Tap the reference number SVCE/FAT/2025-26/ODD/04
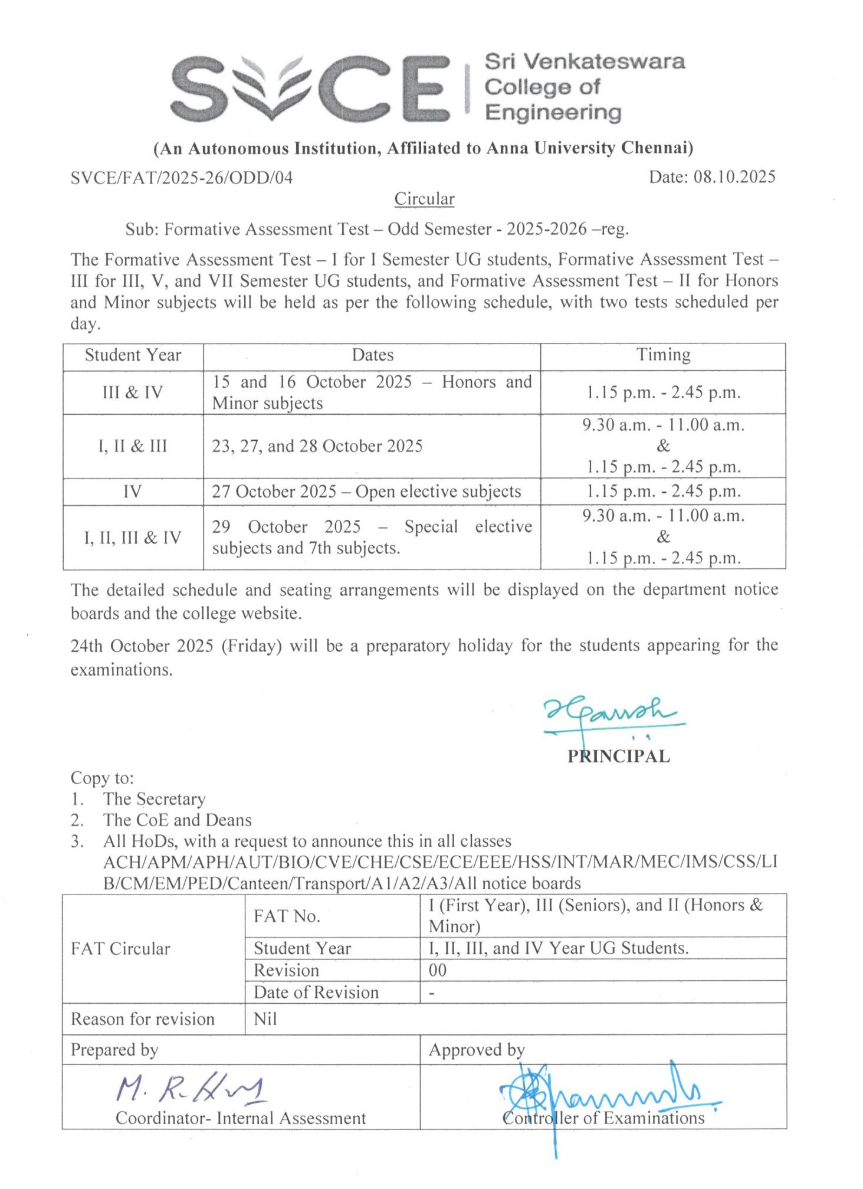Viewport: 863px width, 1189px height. coord(181,178)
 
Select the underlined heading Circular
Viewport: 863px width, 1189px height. coord(424,199)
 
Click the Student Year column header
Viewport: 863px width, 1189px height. coord(133,355)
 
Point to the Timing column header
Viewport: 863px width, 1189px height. coord(662,355)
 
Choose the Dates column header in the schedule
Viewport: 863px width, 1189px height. coord(372,355)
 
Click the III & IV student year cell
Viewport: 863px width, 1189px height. coord(133,392)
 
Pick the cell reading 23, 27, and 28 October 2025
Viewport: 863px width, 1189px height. coord(317,446)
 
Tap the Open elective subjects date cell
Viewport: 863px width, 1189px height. coord(366,492)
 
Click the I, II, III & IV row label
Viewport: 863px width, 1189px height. coord(133,538)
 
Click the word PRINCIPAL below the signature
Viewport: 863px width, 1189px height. coord(618,756)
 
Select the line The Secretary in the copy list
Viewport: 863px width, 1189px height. coord(154,799)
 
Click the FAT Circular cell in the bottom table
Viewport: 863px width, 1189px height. coord(120,949)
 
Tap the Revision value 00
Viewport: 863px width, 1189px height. coord(438,970)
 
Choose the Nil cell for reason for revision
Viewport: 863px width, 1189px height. coord(265,1019)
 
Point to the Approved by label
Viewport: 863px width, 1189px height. coord(476,1050)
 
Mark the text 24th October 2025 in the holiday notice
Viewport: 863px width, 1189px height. coord(142,646)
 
